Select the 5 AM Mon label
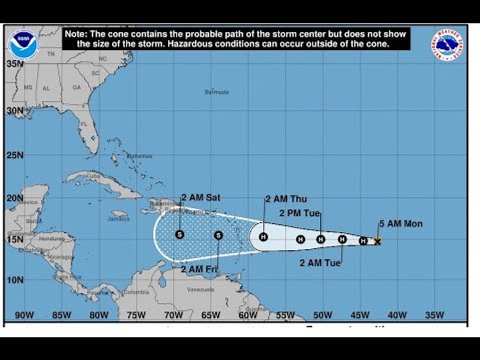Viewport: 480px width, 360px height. (400, 223)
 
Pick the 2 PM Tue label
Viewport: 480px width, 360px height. (299, 213)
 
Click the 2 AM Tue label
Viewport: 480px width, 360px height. (320, 262)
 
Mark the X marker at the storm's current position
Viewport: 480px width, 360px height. (377, 241)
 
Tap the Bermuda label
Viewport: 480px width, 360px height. (217, 92)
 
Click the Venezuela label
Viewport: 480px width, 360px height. (200, 289)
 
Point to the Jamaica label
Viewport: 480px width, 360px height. (118, 218)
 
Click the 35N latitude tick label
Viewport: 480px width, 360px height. (15, 64)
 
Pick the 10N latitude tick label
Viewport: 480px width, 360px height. (15, 279)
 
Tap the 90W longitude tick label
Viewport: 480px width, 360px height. (24, 315)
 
